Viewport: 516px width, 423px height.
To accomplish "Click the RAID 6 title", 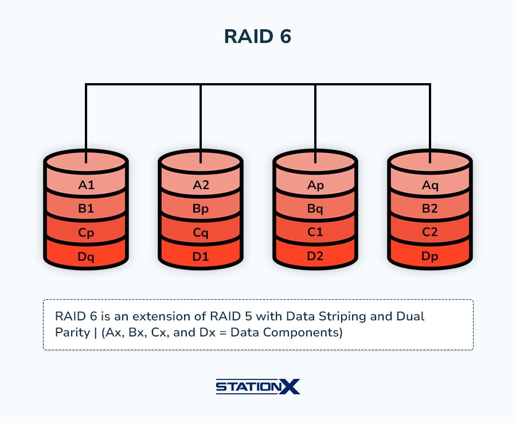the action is tap(257, 36).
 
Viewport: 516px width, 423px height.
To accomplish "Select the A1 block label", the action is tap(86, 185).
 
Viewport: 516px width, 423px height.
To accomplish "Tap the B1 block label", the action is tap(86, 209).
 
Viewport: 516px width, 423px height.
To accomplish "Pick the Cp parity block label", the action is tap(86, 233).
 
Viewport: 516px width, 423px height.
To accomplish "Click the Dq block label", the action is tap(86, 257).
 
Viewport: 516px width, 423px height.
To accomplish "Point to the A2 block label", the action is tap(201, 185).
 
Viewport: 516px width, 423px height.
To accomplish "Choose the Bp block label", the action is tap(201, 209).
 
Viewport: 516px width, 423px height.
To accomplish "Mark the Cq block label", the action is tap(201, 233).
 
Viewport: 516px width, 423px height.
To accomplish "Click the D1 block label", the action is tap(201, 256).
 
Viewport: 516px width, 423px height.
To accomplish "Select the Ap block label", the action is tap(315, 186).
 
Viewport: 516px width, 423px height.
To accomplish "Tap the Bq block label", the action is tap(315, 209).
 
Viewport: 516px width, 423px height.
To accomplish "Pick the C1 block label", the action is tap(315, 232).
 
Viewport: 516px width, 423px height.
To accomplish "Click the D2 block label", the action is tap(315, 256).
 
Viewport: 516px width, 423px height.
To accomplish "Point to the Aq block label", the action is tap(430, 186).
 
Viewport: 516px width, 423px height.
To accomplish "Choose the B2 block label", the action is tap(430, 209).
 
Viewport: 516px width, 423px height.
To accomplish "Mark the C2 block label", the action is tap(430, 232).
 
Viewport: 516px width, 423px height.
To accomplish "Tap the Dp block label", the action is tap(430, 257).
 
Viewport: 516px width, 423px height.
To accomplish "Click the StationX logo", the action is tap(258, 386).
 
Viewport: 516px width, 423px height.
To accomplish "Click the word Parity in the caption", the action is tap(72, 333).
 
